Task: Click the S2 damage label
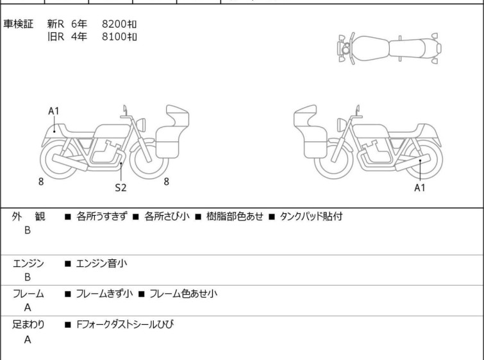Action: pos(121,187)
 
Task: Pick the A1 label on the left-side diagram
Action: pos(54,111)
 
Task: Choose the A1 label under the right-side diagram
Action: pos(420,187)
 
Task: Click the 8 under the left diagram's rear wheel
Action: pos(41,182)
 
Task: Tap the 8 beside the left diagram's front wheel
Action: pos(166,182)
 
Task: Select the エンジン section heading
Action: pos(28,263)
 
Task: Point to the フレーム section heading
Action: pos(28,294)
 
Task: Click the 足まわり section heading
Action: pos(28,325)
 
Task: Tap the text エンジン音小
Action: pos(103,263)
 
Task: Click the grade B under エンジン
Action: pos(28,277)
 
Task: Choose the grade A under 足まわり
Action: pos(28,340)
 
